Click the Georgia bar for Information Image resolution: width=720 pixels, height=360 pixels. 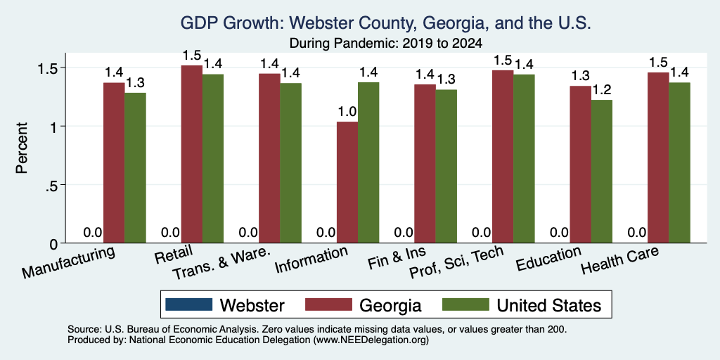(x=347, y=182)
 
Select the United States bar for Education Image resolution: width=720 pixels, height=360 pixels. (x=602, y=172)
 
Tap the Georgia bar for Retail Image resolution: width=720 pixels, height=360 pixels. (x=191, y=154)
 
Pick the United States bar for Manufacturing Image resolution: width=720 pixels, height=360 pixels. (x=135, y=168)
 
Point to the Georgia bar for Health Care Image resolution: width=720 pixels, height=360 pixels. (x=658, y=157)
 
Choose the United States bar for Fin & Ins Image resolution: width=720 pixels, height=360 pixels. (x=446, y=166)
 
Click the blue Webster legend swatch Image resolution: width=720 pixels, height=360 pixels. (x=188, y=304)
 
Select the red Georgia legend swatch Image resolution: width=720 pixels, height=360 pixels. (x=329, y=304)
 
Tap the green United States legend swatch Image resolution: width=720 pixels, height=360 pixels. (x=465, y=304)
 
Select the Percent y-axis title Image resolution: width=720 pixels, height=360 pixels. (x=22, y=148)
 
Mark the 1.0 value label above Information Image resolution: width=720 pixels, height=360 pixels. (x=347, y=112)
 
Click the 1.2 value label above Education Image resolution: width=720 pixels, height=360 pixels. (x=602, y=91)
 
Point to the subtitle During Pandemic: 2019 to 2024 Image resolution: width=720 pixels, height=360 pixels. (x=386, y=44)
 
